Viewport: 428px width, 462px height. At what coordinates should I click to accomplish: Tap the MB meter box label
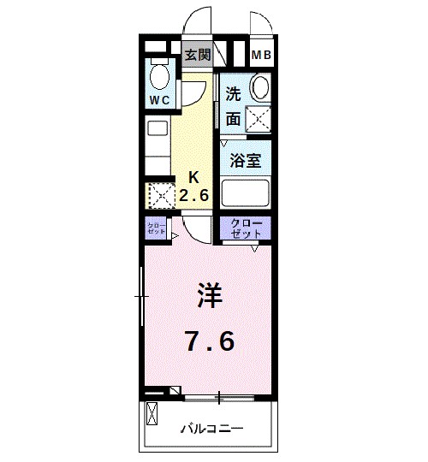click(261, 56)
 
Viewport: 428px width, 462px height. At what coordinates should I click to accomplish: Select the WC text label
click(160, 100)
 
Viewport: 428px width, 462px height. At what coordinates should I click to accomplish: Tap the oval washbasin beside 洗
click(260, 89)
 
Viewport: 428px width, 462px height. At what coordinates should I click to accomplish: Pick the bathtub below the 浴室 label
click(246, 192)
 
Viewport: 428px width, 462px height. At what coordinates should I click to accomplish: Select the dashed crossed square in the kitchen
click(159, 196)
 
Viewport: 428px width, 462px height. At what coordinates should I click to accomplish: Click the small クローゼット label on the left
click(156, 228)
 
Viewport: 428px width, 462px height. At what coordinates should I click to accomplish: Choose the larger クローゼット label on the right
click(246, 228)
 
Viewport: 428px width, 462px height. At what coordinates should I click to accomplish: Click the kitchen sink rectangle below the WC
click(158, 128)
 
